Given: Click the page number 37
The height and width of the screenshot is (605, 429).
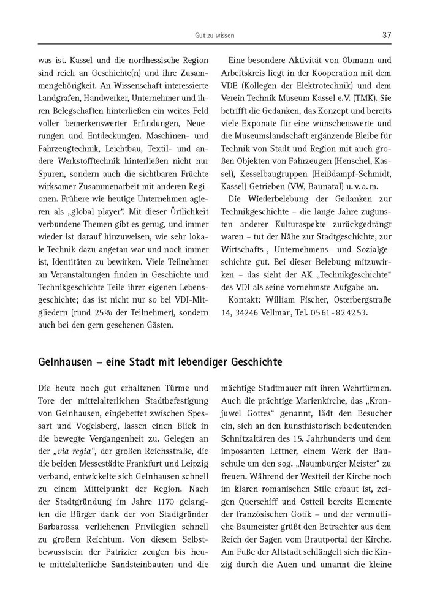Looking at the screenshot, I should point(386,35).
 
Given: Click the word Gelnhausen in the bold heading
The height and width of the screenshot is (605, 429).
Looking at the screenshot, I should point(64,363).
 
